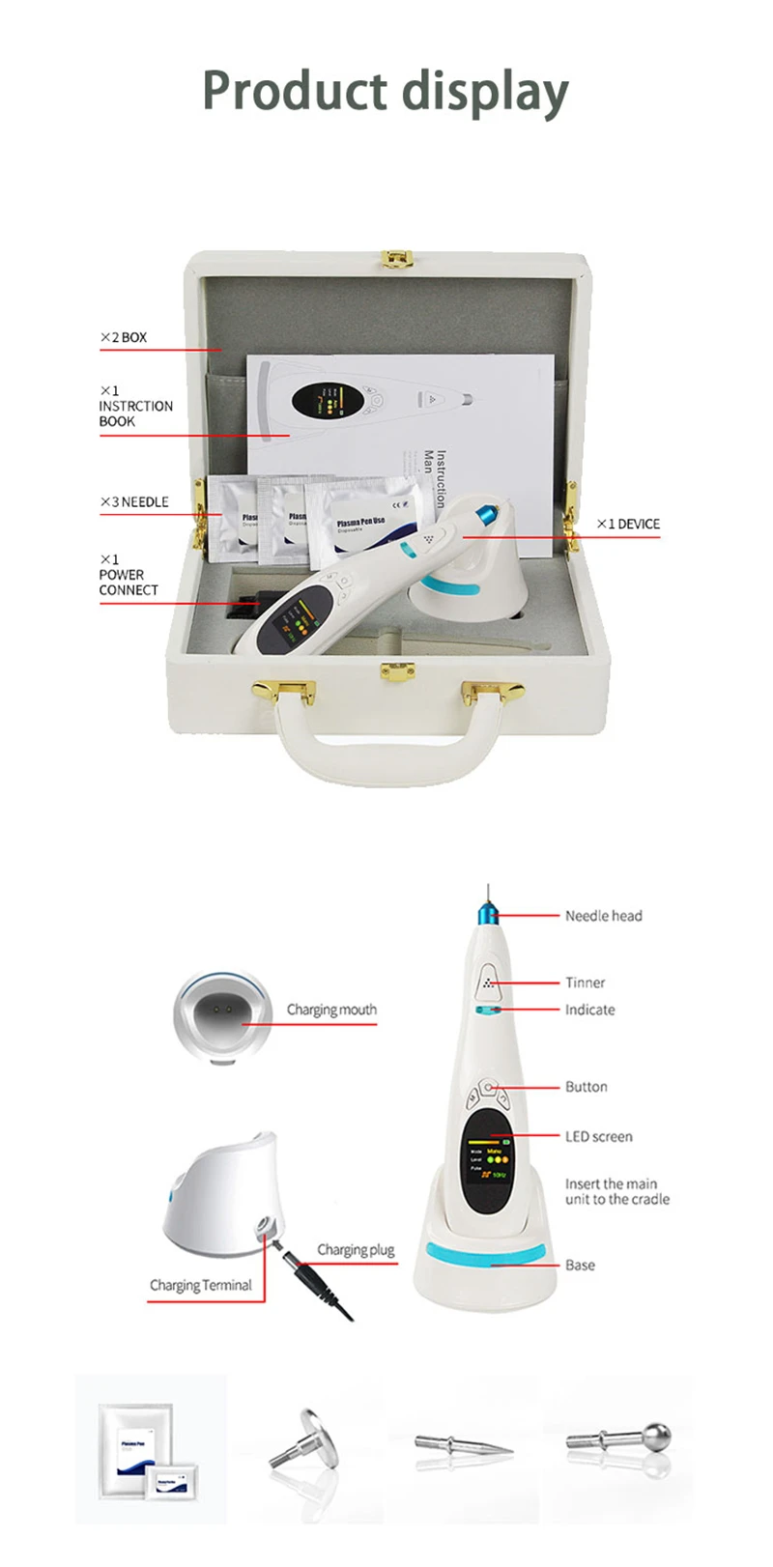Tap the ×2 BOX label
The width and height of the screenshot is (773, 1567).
(x=124, y=337)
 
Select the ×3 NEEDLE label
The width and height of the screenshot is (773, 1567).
(x=134, y=501)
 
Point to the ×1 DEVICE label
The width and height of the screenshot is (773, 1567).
(x=628, y=524)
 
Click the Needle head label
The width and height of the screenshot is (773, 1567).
(x=603, y=916)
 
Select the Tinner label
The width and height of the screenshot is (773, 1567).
(x=585, y=983)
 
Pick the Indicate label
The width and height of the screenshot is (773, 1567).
(x=589, y=1010)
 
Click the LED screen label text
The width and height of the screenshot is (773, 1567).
(x=598, y=1136)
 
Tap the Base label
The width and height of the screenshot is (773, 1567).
(x=580, y=1265)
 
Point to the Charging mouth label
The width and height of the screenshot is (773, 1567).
(x=331, y=1010)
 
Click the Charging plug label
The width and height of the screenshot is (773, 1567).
(x=356, y=1249)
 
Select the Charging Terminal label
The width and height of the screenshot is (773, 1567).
(x=200, y=1285)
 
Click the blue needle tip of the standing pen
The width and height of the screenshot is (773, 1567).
(x=483, y=912)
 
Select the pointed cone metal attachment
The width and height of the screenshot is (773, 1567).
(x=464, y=1444)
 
